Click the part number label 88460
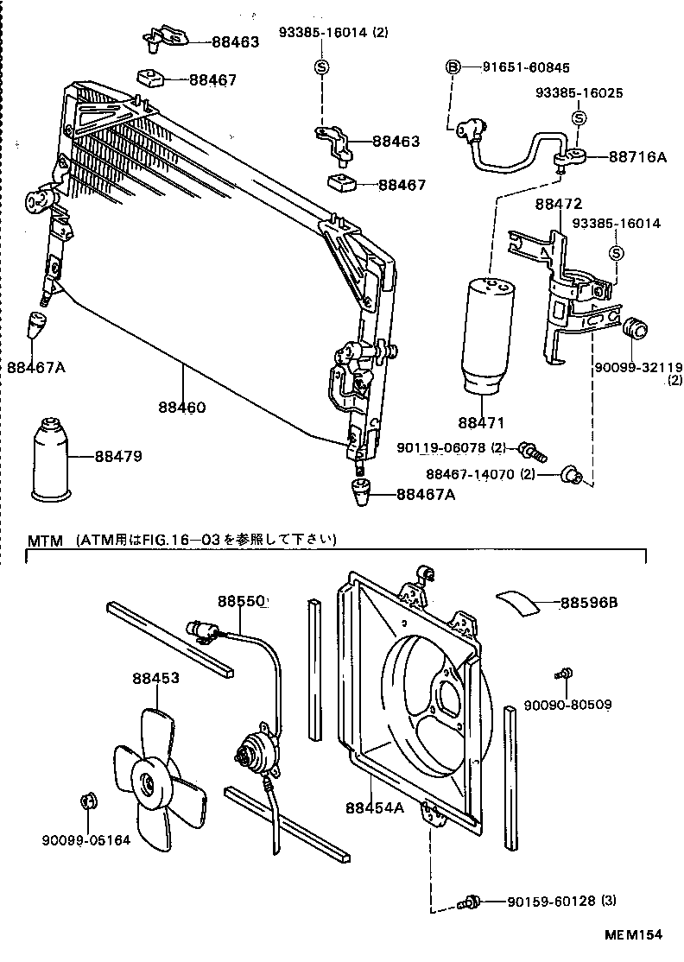181,406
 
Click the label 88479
118,457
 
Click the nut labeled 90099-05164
86,799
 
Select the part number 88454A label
374,807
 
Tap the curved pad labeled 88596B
518,602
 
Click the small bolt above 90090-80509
566,674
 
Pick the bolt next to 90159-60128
471,902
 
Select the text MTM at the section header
46,541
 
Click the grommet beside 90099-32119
636,330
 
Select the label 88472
559,205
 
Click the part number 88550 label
241,601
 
